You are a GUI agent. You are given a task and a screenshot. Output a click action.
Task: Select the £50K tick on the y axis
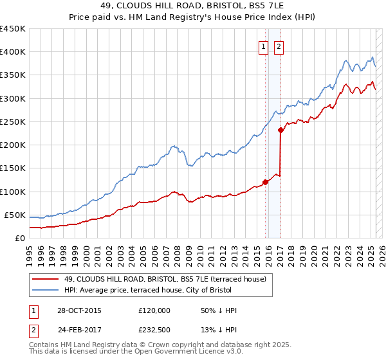tap(15, 215)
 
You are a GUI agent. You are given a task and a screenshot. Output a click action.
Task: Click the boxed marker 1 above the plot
tap(264, 46)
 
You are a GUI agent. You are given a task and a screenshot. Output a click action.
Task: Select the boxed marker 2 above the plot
tap(279, 46)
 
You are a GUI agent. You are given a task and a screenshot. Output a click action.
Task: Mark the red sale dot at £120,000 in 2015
tap(266, 182)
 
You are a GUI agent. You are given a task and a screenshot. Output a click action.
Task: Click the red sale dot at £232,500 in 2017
tap(281, 130)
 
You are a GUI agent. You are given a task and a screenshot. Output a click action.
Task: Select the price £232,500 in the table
tap(154, 331)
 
